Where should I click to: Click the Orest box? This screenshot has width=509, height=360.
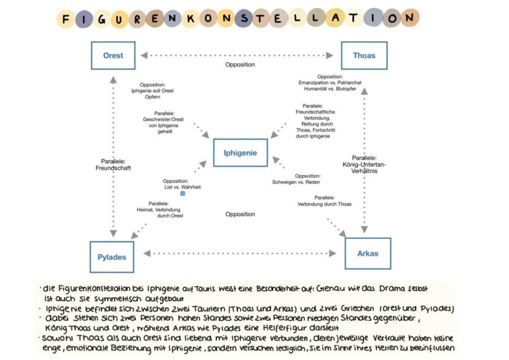pos(113,55)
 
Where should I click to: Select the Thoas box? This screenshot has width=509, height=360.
pos(364,55)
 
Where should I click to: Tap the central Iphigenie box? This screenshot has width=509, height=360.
pos(240,152)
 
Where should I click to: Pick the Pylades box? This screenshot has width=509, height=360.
pos(112,256)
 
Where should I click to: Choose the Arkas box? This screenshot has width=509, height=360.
pos(368,253)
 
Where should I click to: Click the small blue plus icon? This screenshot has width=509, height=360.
pos(183,194)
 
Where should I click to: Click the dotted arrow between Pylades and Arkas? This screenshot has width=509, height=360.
pos(240,253)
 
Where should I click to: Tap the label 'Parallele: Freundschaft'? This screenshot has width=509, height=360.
pos(113,165)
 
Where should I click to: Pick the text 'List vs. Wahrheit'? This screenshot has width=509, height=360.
pos(183,187)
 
